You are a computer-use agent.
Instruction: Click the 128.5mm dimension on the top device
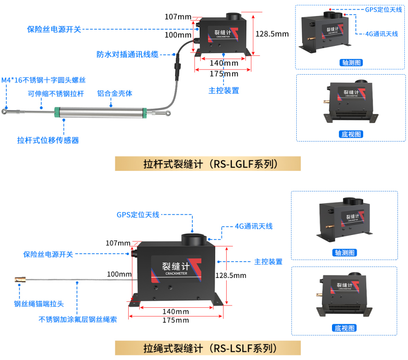[x=272, y=34]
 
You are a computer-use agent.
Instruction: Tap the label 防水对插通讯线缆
[x=127, y=54]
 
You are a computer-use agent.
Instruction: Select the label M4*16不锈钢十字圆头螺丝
[x=44, y=80]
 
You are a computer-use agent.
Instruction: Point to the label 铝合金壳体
[x=114, y=93]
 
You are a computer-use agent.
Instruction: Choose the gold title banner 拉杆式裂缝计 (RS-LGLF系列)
[x=207, y=164]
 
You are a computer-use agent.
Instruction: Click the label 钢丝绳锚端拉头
[x=39, y=303]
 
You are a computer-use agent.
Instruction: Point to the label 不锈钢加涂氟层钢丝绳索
[x=78, y=319]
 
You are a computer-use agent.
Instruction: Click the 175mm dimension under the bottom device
[x=175, y=320]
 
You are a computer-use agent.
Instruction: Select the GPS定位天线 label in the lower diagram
[x=138, y=214]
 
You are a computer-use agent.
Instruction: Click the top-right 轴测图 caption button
[x=351, y=62]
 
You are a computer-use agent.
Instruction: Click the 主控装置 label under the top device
[x=223, y=90]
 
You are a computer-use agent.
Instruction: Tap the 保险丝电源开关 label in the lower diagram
[x=48, y=254]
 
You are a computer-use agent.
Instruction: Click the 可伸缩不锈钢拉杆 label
[x=56, y=94]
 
